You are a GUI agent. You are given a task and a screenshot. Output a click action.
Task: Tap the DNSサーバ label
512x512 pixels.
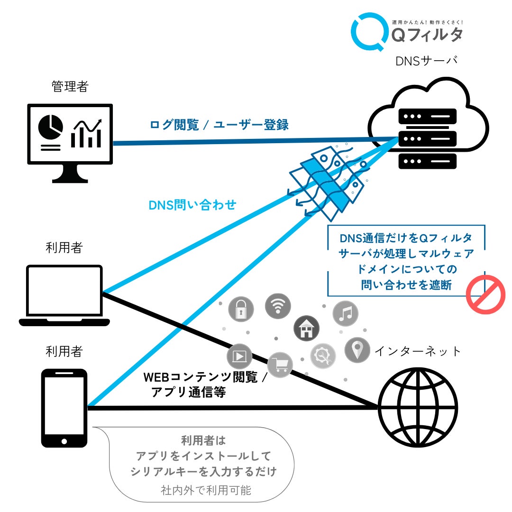(427, 61)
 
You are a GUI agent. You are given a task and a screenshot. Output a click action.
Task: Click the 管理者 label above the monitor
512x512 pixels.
(70, 86)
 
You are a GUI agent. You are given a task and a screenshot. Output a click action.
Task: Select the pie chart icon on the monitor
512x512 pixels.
(51, 127)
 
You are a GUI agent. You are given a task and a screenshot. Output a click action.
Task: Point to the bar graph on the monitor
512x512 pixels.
(86, 134)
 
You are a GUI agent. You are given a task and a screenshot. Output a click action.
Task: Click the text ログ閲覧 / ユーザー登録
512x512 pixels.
(219, 124)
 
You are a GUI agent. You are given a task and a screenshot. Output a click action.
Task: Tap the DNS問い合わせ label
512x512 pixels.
(192, 205)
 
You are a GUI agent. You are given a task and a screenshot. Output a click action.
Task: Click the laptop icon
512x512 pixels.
(64, 295)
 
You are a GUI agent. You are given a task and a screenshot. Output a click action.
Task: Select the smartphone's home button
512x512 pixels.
(64, 441)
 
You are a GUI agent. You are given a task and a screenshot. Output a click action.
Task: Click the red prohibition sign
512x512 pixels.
(485, 294)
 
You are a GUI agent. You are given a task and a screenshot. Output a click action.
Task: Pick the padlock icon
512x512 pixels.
(241, 309)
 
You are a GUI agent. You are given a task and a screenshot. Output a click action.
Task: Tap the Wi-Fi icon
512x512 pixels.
(278, 306)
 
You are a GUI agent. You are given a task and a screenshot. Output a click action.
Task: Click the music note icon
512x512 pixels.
(346, 314)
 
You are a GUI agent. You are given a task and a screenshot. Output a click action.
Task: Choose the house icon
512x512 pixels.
(306, 329)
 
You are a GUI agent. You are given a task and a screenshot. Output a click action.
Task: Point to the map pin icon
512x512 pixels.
(357, 350)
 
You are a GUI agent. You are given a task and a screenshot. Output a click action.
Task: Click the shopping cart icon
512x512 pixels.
(280, 365)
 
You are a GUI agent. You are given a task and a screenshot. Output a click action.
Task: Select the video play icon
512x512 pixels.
(239, 356)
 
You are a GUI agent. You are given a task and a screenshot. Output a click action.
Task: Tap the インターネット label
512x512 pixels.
(418, 351)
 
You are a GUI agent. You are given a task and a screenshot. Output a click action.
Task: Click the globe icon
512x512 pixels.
(418, 408)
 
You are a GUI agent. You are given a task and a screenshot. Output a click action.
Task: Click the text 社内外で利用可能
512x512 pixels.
(206, 490)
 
